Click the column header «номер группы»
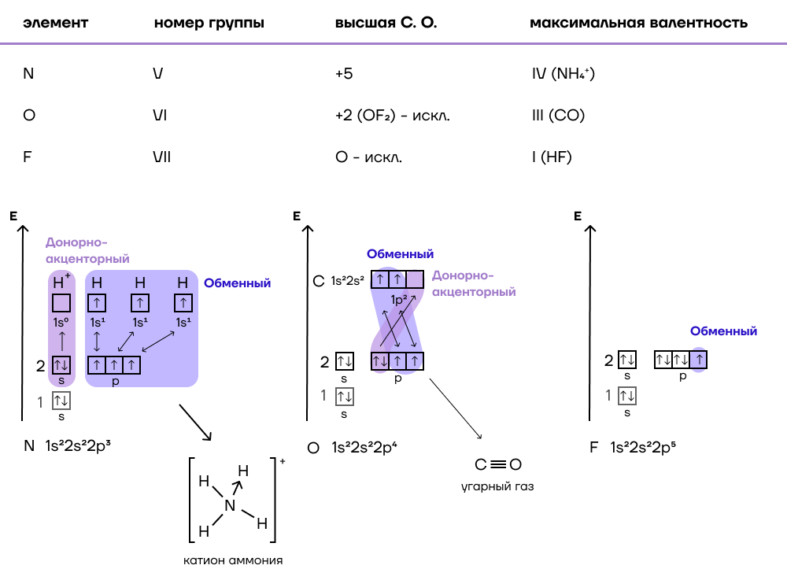pos(209,23)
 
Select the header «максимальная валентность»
pos(638,23)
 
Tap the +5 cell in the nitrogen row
pos(344,74)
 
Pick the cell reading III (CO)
pos(558,116)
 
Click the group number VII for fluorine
pos(161,157)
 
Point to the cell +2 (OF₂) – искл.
pos(393,116)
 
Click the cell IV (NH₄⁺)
pos(563,74)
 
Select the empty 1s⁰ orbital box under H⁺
pos(61,303)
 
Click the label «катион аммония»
pos(233,560)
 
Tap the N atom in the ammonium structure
pos(230,506)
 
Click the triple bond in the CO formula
pos(498,464)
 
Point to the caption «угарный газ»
pos(497,486)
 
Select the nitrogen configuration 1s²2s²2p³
pos(78,445)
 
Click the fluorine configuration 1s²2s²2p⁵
pos(643,447)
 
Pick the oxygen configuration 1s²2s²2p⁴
pos(364,447)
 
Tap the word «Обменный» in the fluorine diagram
pos(723,331)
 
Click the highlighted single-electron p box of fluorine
pos(699,360)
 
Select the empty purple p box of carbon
pos(415,279)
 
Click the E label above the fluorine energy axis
pos(578,216)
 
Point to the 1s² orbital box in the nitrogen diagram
pos(61,401)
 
